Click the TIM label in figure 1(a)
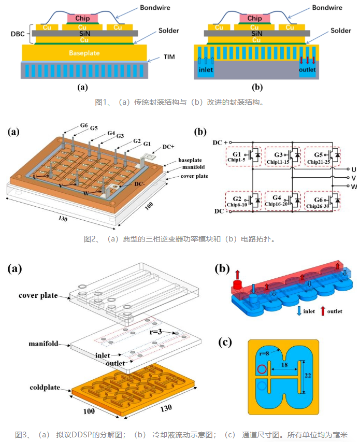(x=169, y=57)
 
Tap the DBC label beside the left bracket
(x=18, y=34)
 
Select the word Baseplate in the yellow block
(x=84, y=53)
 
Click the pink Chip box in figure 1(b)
(x=254, y=18)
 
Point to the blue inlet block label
(x=206, y=69)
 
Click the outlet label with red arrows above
(x=307, y=69)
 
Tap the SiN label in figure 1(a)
(x=84, y=34)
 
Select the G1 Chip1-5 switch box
(x=243, y=156)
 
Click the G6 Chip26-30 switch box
(x=322, y=201)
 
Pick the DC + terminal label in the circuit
(x=220, y=142)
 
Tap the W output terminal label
(x=354, y=187)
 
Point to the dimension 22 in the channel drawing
(x=308, y=376)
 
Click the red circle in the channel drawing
(x=262, y=369)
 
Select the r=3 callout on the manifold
(x=156, y=332)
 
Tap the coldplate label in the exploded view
(x=45, y=388)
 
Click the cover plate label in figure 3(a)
(x=38, y=295)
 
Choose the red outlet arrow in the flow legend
(x=323, y=311)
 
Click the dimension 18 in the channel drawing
(x=284, y=365)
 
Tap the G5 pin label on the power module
(x=94, y=129)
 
